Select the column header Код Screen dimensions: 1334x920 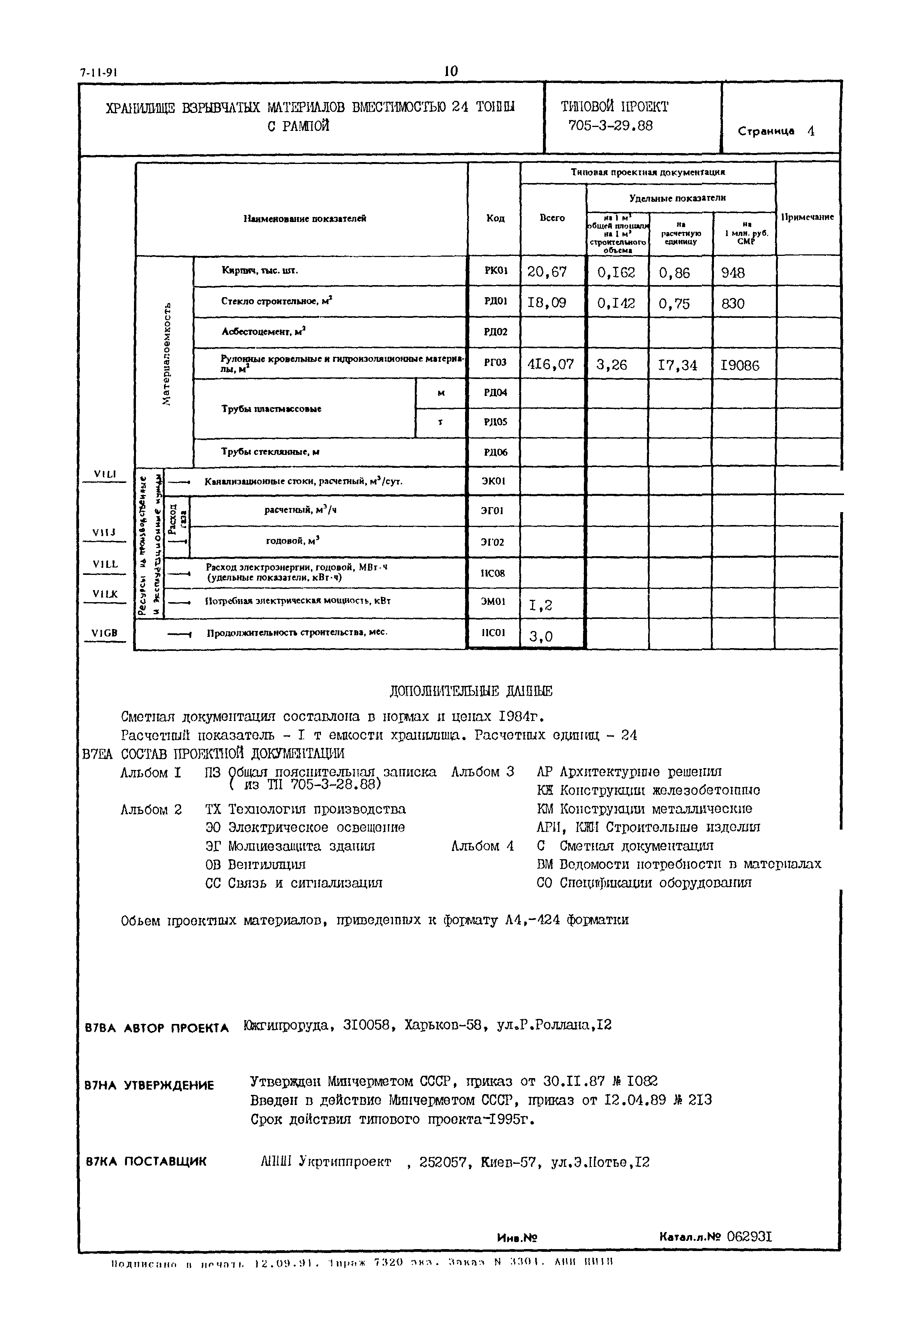495,219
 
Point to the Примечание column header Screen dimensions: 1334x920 807,217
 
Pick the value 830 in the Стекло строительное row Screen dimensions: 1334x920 733,303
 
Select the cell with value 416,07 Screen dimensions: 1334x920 550,364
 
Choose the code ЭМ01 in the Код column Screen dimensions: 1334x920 494,601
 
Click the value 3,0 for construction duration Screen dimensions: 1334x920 541,636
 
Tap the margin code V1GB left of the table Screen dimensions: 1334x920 104,633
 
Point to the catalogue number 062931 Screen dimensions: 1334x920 749,1237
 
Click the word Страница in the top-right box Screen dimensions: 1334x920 766,131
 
